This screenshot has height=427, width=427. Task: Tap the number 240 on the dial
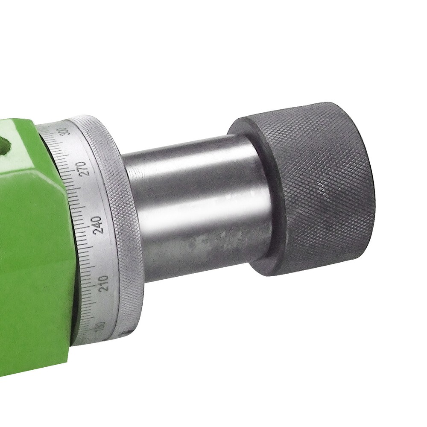98,225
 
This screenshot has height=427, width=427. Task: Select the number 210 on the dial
104,282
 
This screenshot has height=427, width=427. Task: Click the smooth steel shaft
196,205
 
